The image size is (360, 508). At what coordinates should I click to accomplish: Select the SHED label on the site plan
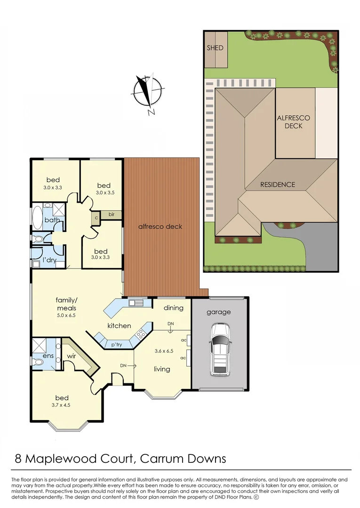click(x=215, y=48)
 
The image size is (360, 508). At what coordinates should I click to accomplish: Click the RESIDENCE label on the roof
click(x=278, y=185)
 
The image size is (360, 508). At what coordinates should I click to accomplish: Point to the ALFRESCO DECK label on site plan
click(x=293, y=122)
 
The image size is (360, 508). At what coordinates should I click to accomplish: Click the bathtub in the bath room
click(x=37, y=220)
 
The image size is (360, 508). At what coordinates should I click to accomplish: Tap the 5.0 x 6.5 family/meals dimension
click(x=66, y=316)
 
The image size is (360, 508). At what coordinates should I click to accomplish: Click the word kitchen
click(x=119, y=325)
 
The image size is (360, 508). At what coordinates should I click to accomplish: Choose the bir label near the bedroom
click(x=111, y=215)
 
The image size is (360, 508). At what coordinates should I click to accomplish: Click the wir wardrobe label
click(x=72, y=357)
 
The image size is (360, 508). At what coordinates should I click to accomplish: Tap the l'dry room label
click(x=50, y=260)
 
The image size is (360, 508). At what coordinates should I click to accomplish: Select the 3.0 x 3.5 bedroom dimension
click(x=105, y=192)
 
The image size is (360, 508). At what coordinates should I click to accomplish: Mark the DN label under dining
click(x=170, y=324)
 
